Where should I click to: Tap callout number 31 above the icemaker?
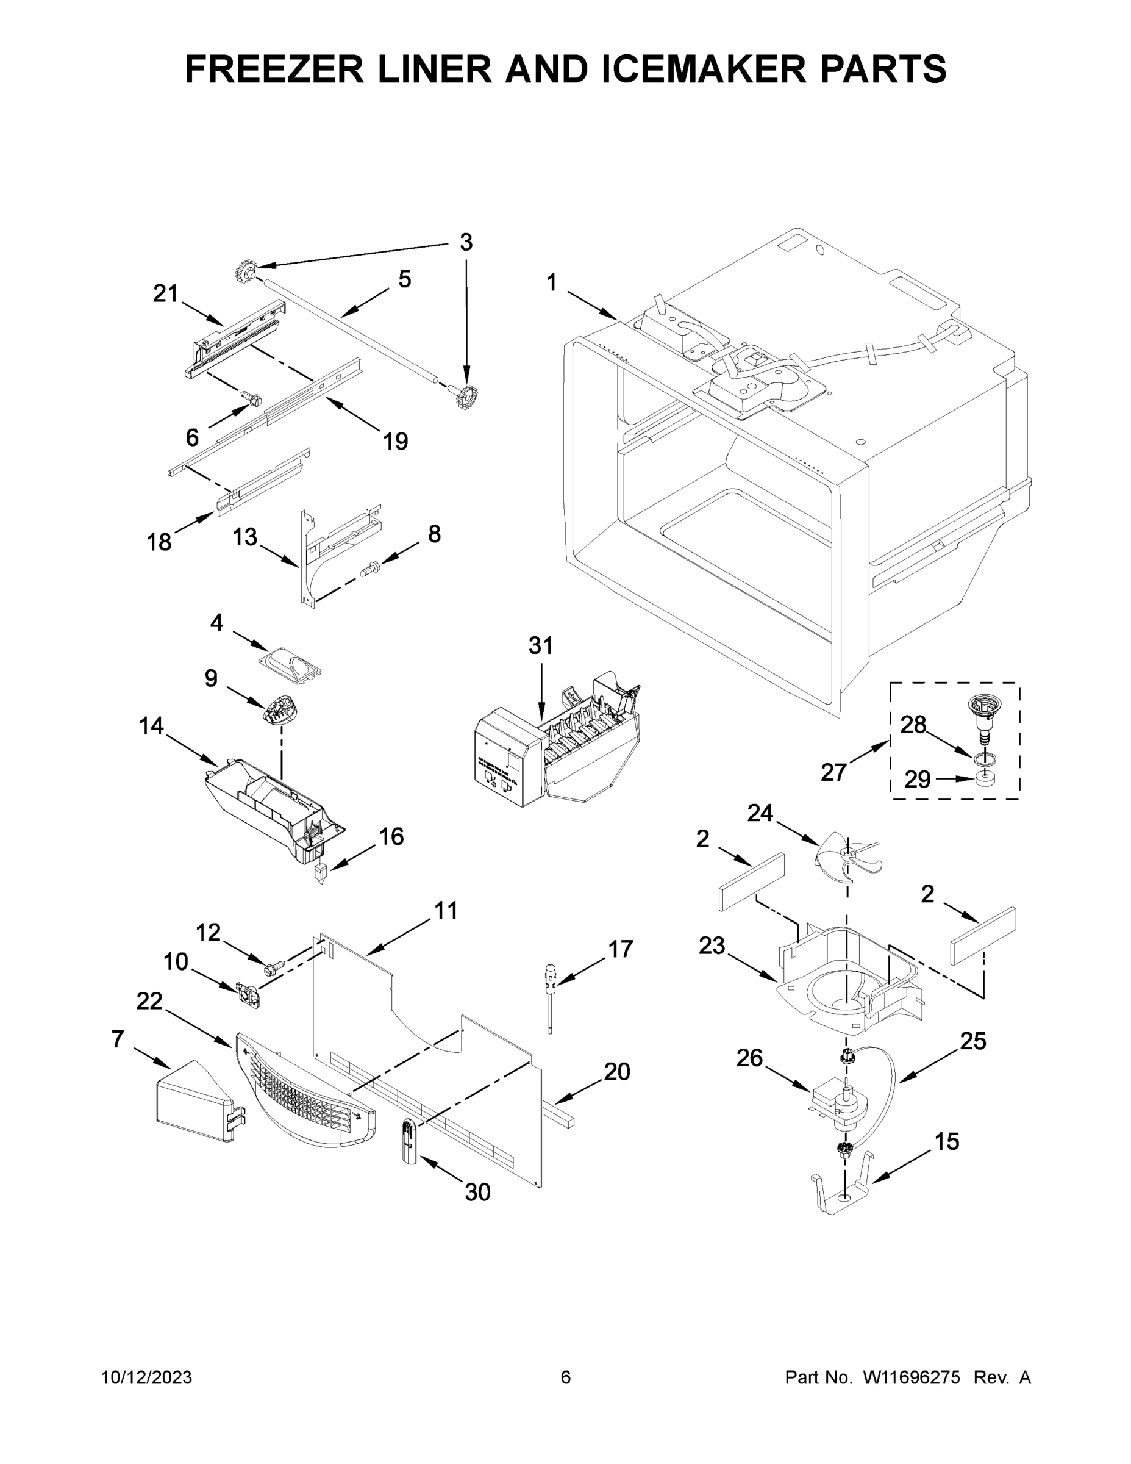click(x=541, y=645)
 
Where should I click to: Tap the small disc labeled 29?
click(x=983, y=778)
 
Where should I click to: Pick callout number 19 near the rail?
click(x=395, y=441)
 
